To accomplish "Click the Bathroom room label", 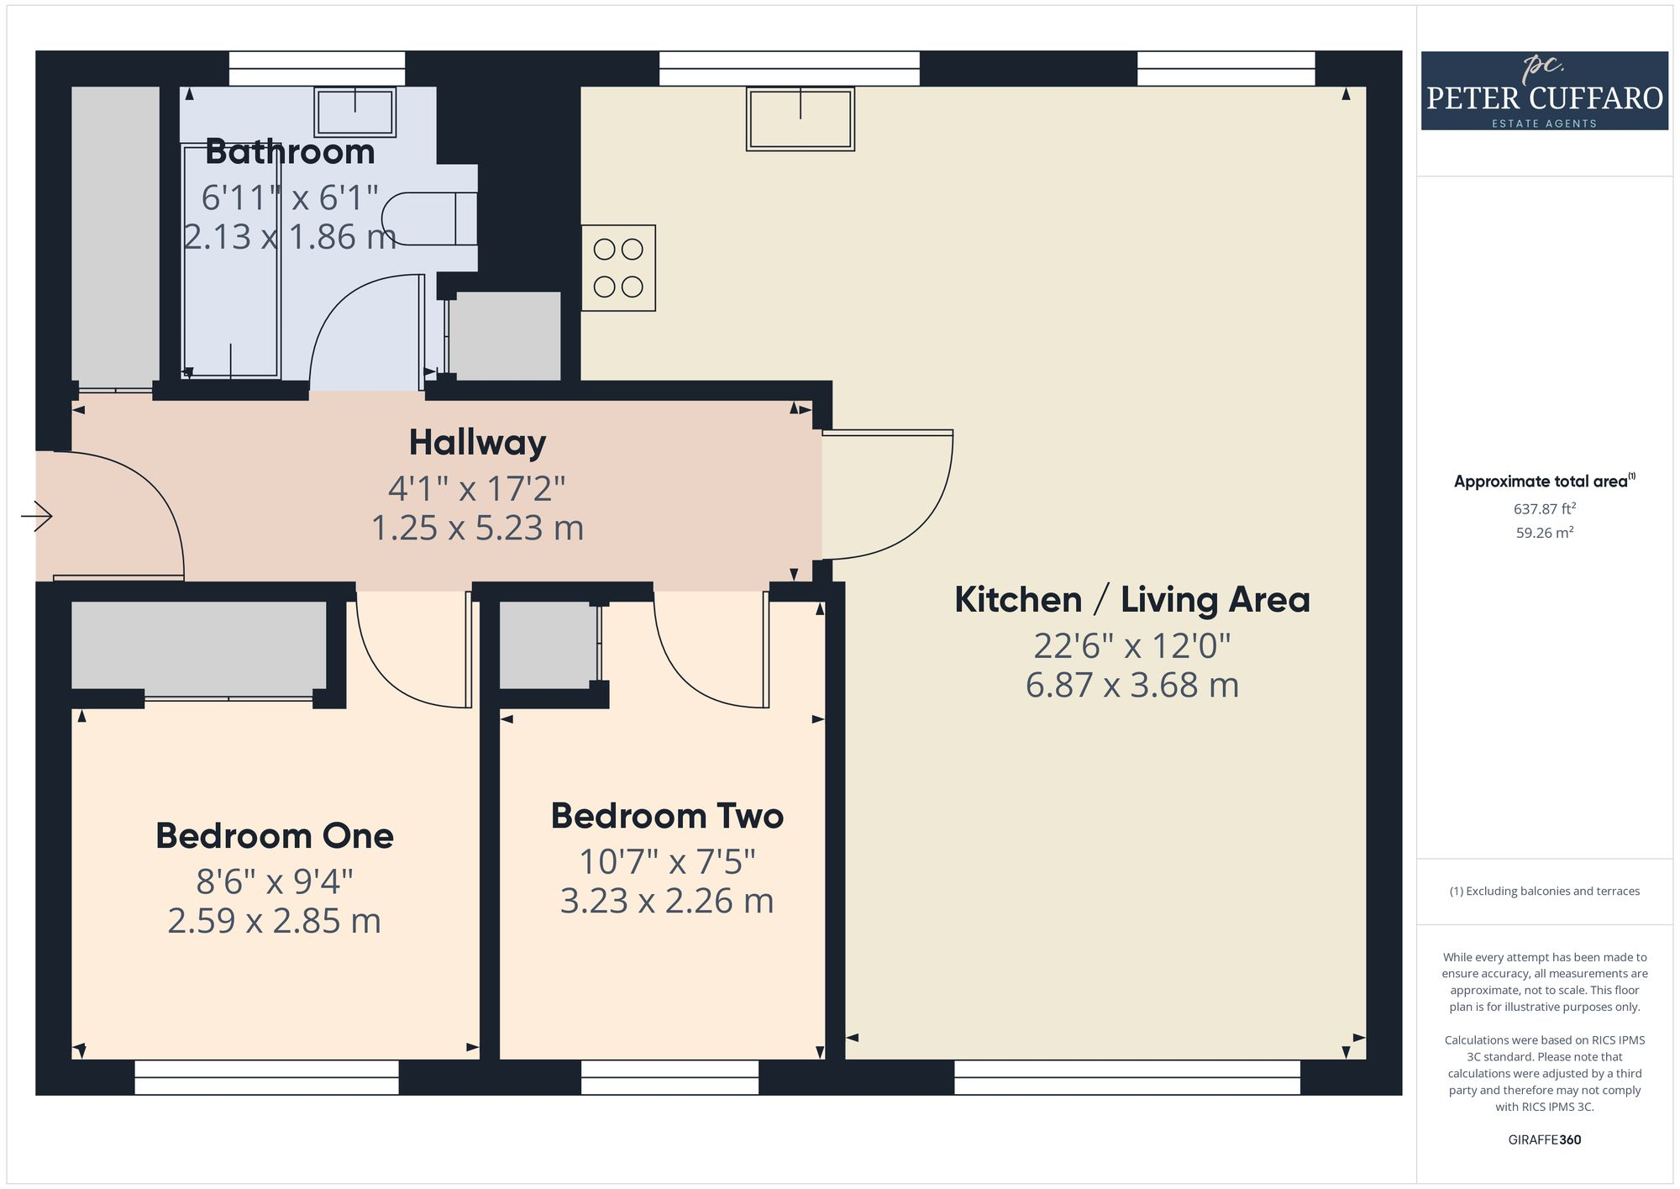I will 290,152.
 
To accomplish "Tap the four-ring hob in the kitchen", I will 618,268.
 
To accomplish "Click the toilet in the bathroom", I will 430,219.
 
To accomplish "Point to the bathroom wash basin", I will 354,112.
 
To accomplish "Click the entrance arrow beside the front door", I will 36,516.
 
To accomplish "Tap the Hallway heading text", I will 477,443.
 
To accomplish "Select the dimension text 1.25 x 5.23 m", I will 477,528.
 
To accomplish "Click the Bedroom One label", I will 275,836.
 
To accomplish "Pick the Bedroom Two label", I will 667,816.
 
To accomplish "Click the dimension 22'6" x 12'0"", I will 1131,645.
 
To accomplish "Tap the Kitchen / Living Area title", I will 1131,600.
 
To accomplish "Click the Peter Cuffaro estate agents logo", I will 1544,91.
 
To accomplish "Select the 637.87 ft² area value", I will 1544,508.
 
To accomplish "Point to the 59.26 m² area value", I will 1544,533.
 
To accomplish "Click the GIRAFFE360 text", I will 1544,1139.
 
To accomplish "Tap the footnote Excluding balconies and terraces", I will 1544,891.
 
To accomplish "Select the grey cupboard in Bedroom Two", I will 548,645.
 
